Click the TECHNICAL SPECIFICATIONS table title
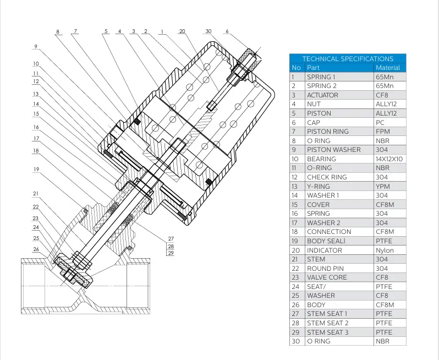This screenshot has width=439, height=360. (x=348, y=58)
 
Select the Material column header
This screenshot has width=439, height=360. (x=388, y=68)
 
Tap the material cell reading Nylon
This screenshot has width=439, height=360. (x=385, y=250)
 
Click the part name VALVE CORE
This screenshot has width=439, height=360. (x=327, y=277)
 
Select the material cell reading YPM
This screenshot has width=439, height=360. (x=383, y=186)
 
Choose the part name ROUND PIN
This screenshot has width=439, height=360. (x=326, y=269)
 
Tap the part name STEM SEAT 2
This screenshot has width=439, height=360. (x=328, y=323)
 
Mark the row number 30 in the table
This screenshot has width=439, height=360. (x=297, y=341)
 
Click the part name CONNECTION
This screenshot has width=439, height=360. (x=329, y=232)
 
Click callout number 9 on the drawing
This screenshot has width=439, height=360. (x=36, y=47)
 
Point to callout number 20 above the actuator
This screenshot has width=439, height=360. (x=182, y=31)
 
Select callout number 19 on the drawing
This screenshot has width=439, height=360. (x=36, y=170)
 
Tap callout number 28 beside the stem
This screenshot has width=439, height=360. (x=171, y=246)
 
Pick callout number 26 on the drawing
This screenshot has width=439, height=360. (x=36, y=249)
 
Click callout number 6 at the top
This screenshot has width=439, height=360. (x=227, y=31)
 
